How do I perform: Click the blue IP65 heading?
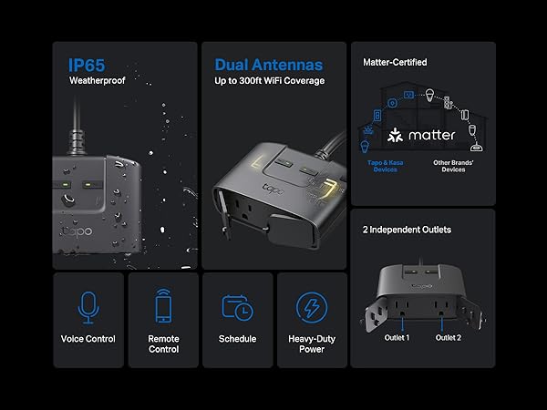[x=87, y=66]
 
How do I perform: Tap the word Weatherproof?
[x=98, y=80]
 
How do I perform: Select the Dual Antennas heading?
[x=269, y=65]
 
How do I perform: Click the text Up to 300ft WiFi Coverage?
[x=269, y=81]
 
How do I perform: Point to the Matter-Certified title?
[x=395, y=62]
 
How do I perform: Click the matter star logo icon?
[x=396, y=135]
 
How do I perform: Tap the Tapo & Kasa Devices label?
[x=385, y=166]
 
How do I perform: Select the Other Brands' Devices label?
[x=453, y=166]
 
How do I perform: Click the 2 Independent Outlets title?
[x=407, y=230]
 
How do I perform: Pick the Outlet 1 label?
[x=397, y=338]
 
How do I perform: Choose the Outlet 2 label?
[x=449, y=338]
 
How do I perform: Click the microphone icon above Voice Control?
[x=88, y=308]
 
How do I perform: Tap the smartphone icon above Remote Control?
[x=163, y=305]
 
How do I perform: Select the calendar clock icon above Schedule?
[x=238, y=308]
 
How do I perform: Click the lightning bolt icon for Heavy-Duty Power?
[x=312, y=308]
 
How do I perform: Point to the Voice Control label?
[x=88, y=339]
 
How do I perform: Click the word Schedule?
[x=238, y=339]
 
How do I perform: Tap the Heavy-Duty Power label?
[x=312, y=344]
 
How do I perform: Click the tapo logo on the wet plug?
[x=77, y=231]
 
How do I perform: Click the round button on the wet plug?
[x=68, y=200]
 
